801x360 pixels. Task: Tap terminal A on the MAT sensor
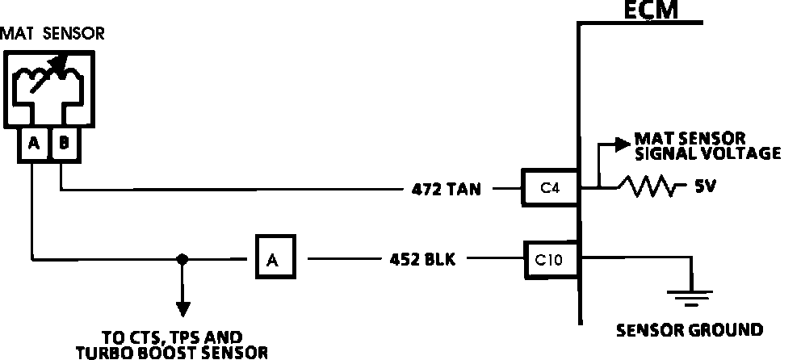coord(33,144)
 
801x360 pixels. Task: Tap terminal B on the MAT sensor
coord(64,144)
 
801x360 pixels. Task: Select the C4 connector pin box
coord(550,188)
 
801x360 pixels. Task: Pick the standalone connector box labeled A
coord(275,258)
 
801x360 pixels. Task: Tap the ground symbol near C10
coord(691,299)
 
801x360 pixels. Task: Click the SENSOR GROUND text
coord(689,329)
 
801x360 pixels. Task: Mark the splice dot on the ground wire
coord(183,259)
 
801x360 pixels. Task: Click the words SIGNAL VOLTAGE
coord(708,153)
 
